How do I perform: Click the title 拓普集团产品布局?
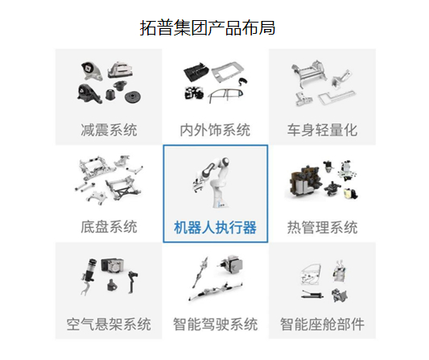click(208, 27)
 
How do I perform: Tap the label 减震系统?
click(109, 130)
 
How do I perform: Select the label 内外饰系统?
click(215, 130)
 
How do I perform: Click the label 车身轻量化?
click(322, 130)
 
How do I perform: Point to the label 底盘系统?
click(109, 227)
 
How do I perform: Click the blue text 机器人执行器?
click(216, 227)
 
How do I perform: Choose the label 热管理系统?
click(322, 227)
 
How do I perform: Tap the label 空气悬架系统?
click(109, 325)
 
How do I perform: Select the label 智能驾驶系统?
click(216, 325)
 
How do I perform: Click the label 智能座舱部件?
click(322, 325)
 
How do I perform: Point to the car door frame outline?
click(225, 95)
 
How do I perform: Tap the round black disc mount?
click(133, 97)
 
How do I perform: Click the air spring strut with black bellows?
click(88, 275)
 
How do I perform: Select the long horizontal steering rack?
click(217, 292)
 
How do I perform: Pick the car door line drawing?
click(311, 275)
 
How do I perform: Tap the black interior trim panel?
click(196, 71)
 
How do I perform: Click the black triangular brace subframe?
click(124, 188)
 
